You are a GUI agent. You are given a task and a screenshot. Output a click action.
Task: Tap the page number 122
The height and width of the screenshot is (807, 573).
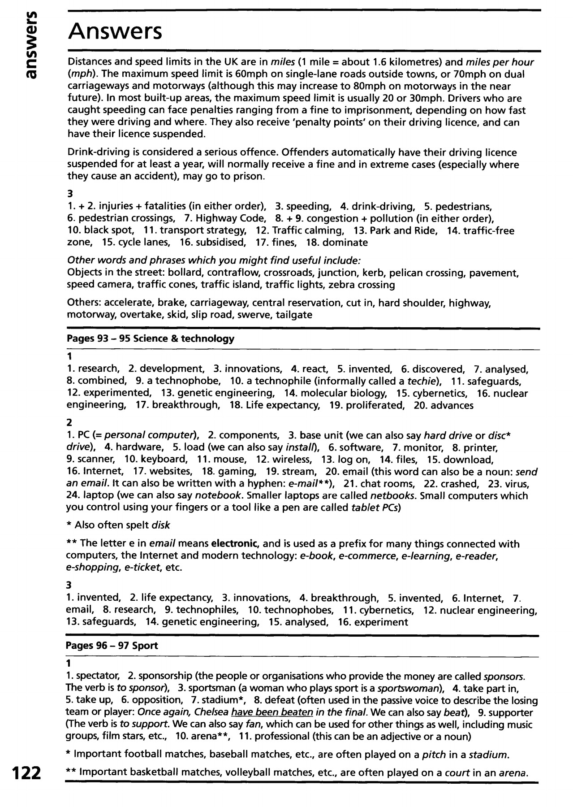point(26,774)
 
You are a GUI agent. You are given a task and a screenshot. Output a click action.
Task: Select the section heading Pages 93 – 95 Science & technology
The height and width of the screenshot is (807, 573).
point(150,338)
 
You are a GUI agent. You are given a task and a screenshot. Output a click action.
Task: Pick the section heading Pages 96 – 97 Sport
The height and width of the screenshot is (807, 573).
point(112,646)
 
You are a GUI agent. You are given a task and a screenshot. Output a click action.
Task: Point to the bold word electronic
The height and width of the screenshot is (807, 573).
point(236,544)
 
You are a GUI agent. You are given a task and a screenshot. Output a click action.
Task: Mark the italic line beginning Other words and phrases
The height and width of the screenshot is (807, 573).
point(214,260)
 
